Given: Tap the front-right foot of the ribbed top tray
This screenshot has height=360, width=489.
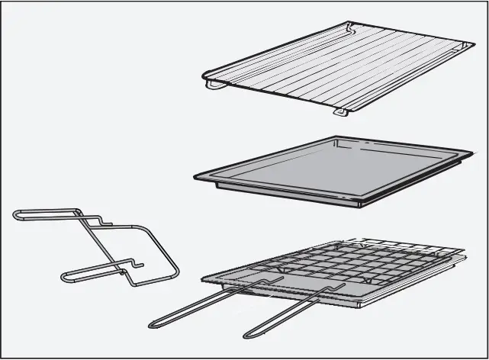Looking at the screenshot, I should coord(340,113).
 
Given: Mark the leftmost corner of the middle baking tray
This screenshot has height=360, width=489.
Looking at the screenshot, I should coord(196,176).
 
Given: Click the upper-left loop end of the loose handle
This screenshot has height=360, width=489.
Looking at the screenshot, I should coord(17,215).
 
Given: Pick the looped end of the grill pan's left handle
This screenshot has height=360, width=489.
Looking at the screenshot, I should coord(153,323).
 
